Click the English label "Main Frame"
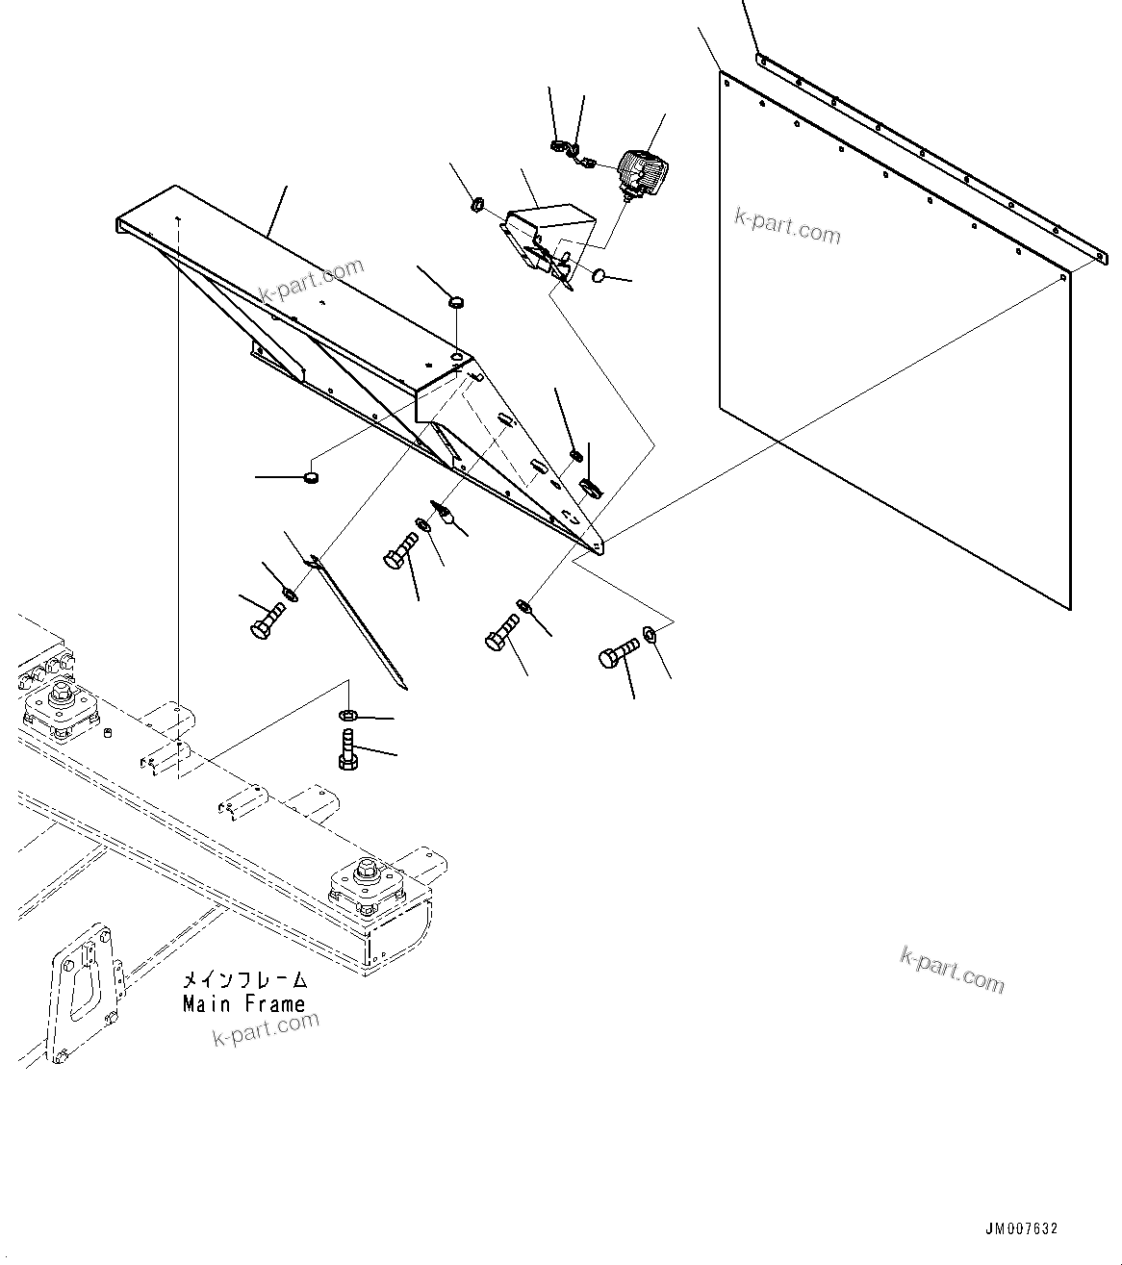coord(244,1004)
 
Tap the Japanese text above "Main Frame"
coord(245,981)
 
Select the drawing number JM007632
coord(1021,1229)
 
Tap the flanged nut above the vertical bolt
coord(348,715)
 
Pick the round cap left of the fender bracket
coord(311,476)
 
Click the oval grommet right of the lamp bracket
coord(599,276)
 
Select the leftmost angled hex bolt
coord(268,619)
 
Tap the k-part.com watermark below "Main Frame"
coord(266,1030)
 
